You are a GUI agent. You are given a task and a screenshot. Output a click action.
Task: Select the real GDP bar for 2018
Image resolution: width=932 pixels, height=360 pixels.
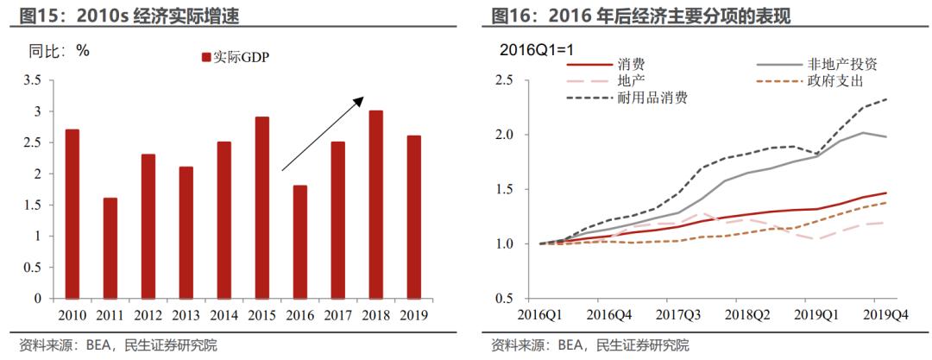pos(375,205)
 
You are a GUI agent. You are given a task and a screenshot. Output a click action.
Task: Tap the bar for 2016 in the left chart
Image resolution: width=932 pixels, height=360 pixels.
pos(299,243)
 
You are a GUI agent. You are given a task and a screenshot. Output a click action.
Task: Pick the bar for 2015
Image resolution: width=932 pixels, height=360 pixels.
pos(261,208)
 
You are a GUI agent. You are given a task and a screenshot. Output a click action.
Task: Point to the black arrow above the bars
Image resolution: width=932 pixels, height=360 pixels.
pos(323,133)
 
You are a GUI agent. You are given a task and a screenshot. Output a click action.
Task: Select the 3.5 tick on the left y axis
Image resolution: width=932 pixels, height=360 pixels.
pos(32,81)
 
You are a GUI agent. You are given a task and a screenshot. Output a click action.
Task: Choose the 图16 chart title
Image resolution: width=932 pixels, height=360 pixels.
pos(640,16)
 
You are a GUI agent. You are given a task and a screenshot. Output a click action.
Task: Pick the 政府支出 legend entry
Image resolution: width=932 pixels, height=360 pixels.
pos(810,81)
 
